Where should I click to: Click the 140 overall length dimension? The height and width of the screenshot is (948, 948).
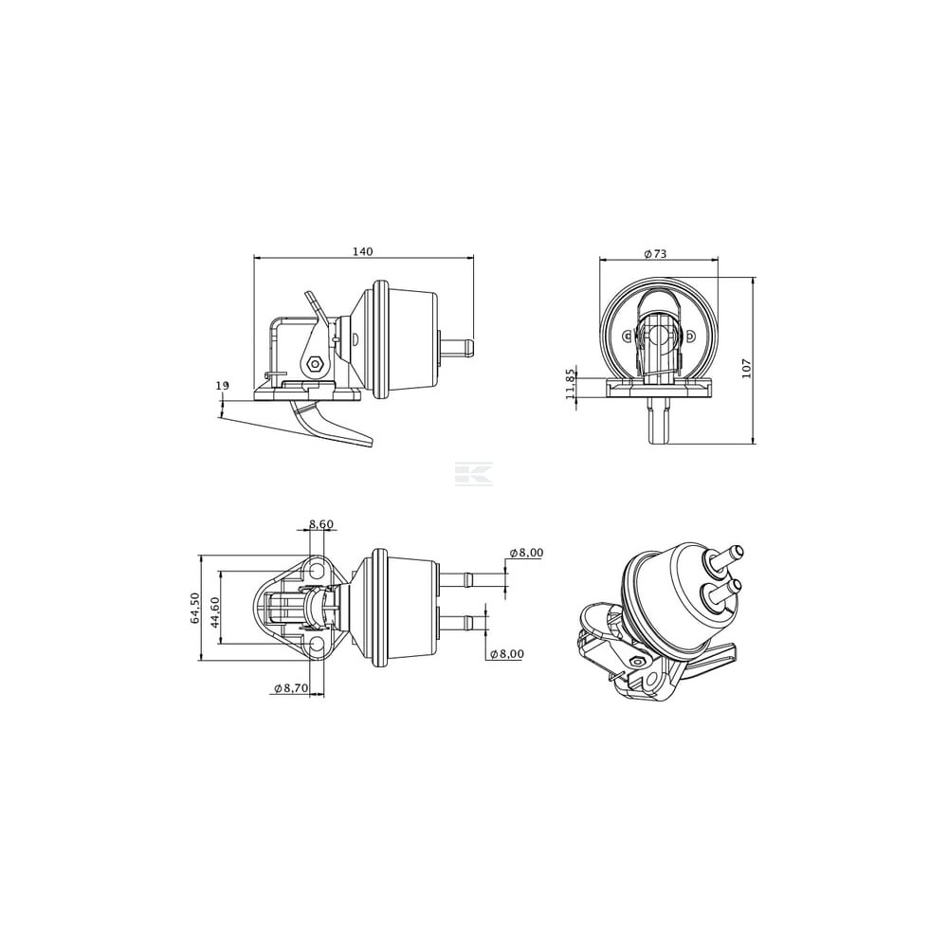tap(363, 251)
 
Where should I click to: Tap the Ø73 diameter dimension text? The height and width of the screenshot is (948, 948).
tap(655, 254)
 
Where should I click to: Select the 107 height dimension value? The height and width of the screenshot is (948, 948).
tap(746, 368)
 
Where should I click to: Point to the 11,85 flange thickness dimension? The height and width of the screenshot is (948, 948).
tap(570, 385)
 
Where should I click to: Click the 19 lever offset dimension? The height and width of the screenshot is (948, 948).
tap(223, 385)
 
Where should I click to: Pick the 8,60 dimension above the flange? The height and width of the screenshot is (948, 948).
tap(321, 524)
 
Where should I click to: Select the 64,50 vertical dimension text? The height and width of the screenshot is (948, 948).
tap(194, 608)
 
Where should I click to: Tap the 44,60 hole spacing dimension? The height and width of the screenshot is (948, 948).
tap(215, 612)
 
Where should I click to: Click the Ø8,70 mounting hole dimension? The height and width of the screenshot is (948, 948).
tap(291, 687)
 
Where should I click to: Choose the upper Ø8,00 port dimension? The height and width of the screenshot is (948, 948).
tap(526, 552)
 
